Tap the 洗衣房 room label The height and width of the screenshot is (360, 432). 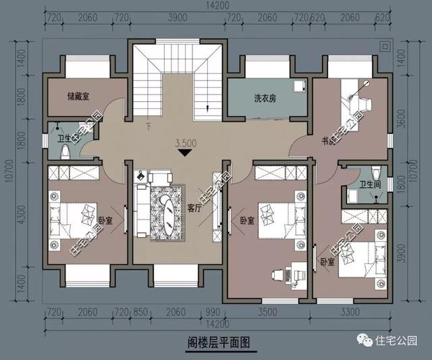[250, 98]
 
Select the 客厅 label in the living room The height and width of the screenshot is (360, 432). [194, 209]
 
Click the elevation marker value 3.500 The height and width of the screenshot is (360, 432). [186, 143]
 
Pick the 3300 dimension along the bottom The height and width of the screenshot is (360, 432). [349, 313]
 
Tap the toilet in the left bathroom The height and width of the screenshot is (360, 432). [65, 151]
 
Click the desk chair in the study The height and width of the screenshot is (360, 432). [364, 101]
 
